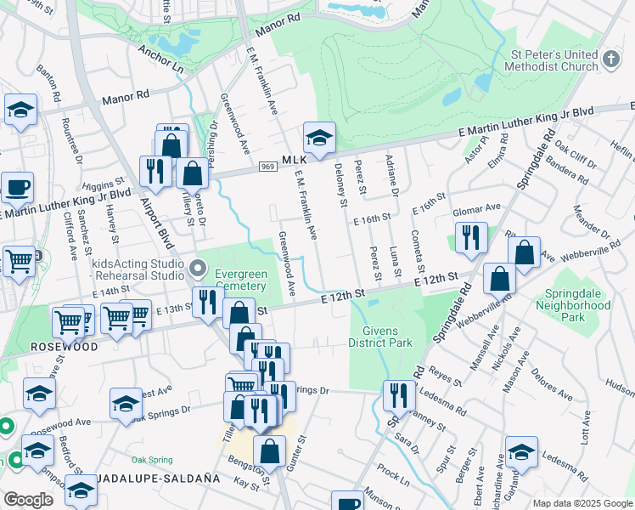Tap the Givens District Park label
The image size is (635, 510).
click(x=379, y=337)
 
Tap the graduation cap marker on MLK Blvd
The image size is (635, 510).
click(x=319, y=139)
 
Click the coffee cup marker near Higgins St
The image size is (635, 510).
click(x=17, y=190)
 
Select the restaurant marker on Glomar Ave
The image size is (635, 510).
click(x=470, y=239)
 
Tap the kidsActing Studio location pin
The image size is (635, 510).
click(x=198, y=269)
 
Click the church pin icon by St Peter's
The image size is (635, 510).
click(x=611, y=59)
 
